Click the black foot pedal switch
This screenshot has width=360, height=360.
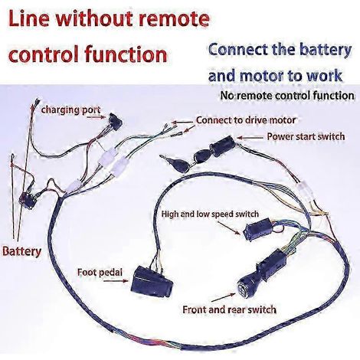point(152,283)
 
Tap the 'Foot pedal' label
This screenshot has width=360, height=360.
point(100,272)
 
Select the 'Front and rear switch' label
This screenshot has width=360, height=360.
point(229,309)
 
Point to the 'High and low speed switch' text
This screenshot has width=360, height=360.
point(210,214)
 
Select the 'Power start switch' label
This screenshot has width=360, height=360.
point(306,137)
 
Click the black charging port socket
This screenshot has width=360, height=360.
point(116,122)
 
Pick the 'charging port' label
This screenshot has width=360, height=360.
point(70,110)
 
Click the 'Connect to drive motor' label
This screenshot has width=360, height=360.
point(246,120)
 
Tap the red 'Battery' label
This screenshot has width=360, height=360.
point(21,251)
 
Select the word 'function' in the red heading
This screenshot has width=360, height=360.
point(126,54)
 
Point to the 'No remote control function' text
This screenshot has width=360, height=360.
point(287,96)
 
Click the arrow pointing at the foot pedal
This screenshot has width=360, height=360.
point(116,281)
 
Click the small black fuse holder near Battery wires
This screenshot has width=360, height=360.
point(28,200)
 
